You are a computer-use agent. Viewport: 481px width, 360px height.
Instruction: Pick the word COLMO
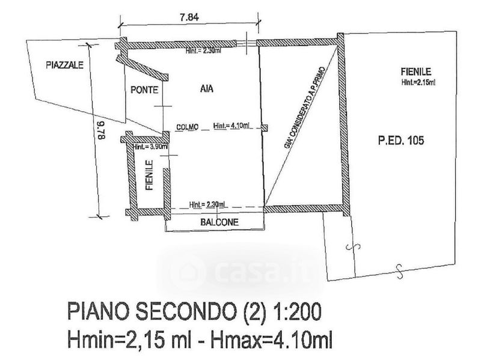point(188,127)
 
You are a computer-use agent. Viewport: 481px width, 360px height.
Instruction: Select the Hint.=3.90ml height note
point(150,147)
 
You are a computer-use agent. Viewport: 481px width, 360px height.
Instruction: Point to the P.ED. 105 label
point(401,142)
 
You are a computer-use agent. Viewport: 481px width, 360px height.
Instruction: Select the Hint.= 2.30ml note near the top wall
point(203,51)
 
